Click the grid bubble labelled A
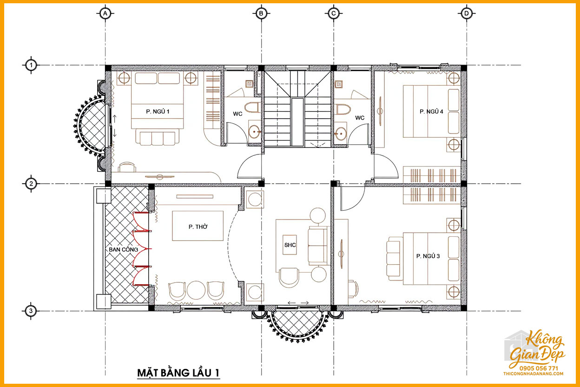click(x=105, y=13)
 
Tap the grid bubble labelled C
click(x=334, y=13)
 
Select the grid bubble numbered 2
click(x=31, y=184)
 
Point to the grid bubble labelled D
click(x=467, y=13)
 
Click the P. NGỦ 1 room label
click(x=158, y=112)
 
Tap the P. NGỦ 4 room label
click(x=431, y=112)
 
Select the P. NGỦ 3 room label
click(x=428, y=256)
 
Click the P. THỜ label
click(x=198, y=227)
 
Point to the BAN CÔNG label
click(x=123, y=249)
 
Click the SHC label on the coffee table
click(x=290, y=245)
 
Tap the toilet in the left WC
click(x=252, y=107)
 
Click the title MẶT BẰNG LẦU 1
click(x=178, y=373)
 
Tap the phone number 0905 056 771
click(x=539, y=368)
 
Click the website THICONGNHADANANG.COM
click(x=534, y=374)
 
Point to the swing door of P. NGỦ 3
click(x=353, y=198)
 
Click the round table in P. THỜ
click(x=196, y=290)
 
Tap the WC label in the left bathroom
click(x=237, y=114)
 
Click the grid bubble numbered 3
click(x=31, y=311)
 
